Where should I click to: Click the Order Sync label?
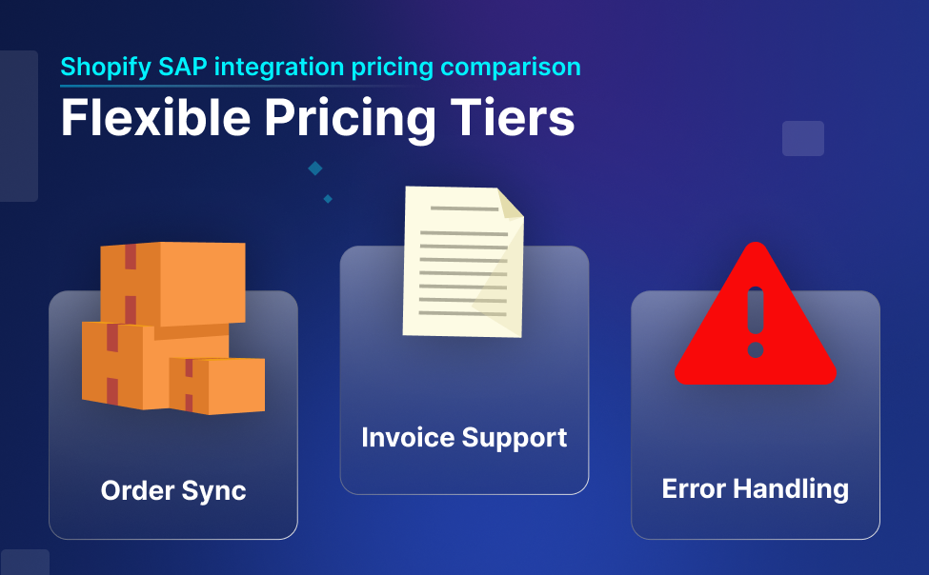(173, 491)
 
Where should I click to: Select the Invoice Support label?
(464, 438)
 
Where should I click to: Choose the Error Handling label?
(755, 489)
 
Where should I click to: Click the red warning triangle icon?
(755, 324)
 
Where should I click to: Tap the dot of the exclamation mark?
(756, 350)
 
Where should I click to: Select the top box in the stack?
(176, 281)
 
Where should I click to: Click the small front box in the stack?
(217, 385)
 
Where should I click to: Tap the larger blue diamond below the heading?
(315, 169)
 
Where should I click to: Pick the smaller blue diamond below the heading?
(328, 199)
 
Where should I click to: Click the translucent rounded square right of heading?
(802, 138)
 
